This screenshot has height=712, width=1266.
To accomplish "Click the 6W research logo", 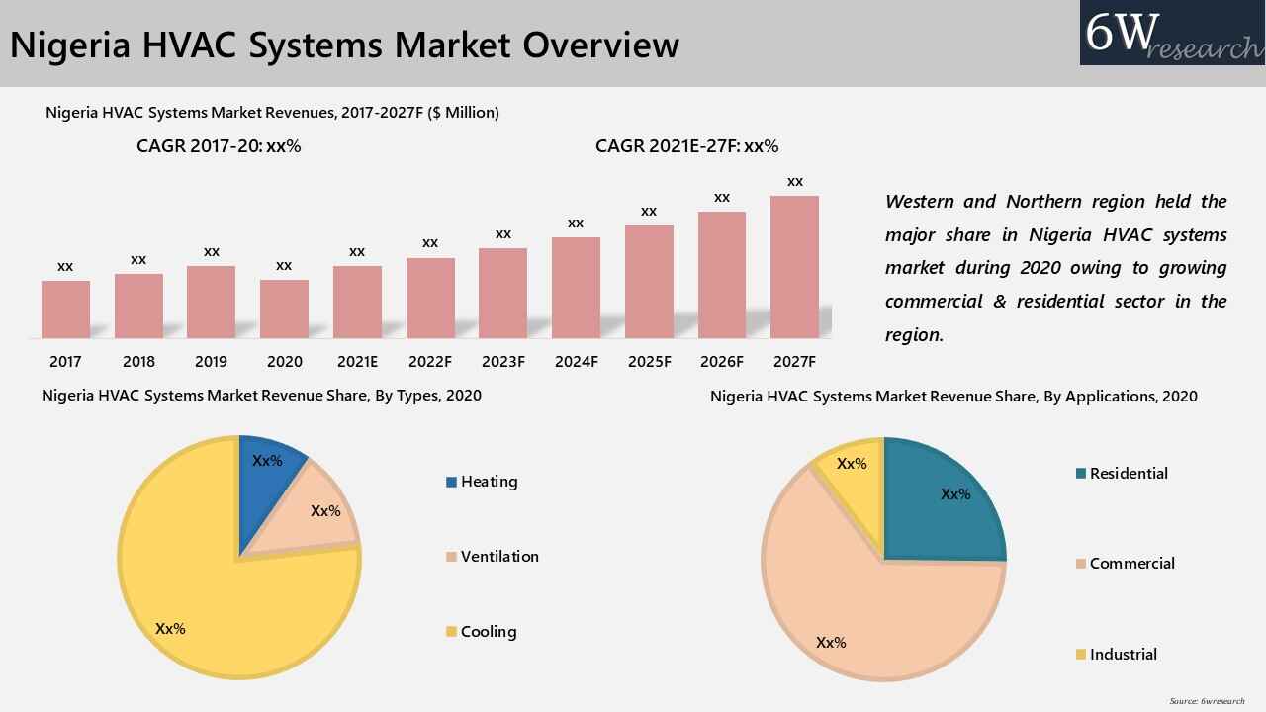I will pyautogui.click(x=1172, y=33).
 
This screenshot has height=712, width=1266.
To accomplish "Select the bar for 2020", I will pyautogui.click(x=284, y=309).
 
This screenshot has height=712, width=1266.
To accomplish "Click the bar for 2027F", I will pyautogui.click(x=794, y=267).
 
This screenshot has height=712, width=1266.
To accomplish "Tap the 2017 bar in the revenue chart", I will pyautogui.click(x=65, y=310).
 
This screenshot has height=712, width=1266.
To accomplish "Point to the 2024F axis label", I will pyautogui.click(x=576, y=362).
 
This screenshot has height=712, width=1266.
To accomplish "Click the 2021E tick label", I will pyautogui.click(x=357, y=362).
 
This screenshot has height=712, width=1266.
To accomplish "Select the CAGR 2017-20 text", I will pyautogui.click(x=219, y=146).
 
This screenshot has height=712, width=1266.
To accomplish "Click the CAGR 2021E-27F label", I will pyautogui.click(x=686, y=146).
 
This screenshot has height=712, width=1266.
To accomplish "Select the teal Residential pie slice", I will pyautogui.click(x=945, y=499).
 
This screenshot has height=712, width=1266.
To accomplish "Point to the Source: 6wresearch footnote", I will pyautogui.click(x=1207, y=701).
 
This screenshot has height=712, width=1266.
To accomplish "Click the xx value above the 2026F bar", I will pyautogui.click(x=722, y=198).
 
